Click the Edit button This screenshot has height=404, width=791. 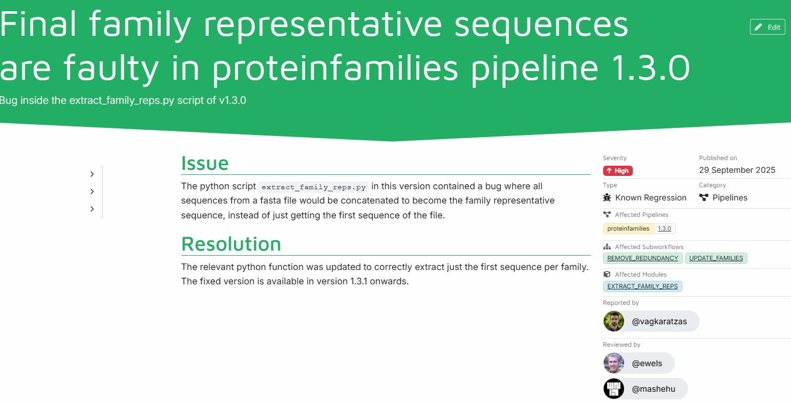pyautogui.click(x=767, y=27)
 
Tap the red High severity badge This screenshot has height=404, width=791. pyautogui.click(x=617, y=171)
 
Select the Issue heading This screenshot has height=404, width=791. pyautogui.click(x=205, y=163)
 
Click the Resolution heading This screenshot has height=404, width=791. pyautogui.click(x=231, y=244)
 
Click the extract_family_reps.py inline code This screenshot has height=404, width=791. pyautogui.click(x=313, y=187)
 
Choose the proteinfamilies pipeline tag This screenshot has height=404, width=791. pyautogui.click(x=628, y=229)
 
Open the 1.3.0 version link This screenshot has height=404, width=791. pyautogui.click(x=664, y=229)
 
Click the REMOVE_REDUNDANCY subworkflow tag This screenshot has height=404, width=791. pyautogui.click(x=643, y=258)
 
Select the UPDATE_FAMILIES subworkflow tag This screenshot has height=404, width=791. pyautogui.click(x=716, y=258)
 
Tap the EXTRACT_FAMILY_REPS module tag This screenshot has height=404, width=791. pyautogui.click(x=643, y=286)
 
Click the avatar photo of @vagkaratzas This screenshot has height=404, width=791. pyautogui.click(x=614, y=321)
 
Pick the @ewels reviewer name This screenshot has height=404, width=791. pyautogui.click(x=647, y=363)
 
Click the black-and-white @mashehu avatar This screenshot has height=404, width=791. pyautogui.click(x=614, y=389)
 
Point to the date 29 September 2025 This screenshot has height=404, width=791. pyautogui.click(x=737, y=170)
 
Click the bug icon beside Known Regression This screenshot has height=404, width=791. pyautogui.click(x=607, y=197)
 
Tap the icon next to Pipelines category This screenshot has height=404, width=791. pyautogui.click(x=703, y=197)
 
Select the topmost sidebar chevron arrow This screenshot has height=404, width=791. pyautogui.click(x=92, y=174)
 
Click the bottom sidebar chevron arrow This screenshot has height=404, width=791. pyautogui.click(x=92, y=209)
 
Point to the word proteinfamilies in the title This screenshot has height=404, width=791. pyautogui.click(x=335, y=68)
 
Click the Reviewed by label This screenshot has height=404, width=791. pyautogui.click(x=622, y=344)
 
